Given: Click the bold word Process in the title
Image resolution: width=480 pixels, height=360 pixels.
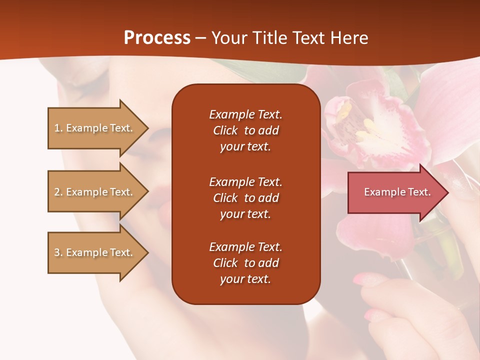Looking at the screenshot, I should click(x=157, y=38).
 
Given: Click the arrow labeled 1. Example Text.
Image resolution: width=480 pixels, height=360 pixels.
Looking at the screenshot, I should click(x=95, y=128).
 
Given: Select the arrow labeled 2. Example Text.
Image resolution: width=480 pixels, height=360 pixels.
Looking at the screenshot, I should click(x=95, y=192).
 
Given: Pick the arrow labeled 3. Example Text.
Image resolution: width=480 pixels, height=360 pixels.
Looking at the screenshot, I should click(x=95, y=252).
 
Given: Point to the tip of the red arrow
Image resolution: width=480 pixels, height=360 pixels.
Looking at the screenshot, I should click(x=447, y=192).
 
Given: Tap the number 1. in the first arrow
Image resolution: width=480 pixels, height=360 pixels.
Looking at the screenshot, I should click(x=58, y=128).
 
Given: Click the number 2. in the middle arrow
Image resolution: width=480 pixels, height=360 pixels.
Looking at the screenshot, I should click(x=58, y=192).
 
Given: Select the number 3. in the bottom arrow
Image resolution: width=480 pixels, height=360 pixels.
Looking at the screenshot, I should click(x=58, y=252).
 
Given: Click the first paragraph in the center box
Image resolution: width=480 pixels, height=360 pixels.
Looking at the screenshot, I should click(x=245, y=130).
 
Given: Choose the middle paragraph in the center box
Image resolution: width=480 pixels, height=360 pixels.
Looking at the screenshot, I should click(x=245, y=198).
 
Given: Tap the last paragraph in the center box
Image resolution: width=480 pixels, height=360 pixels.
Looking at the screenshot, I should click(x=245, y=263).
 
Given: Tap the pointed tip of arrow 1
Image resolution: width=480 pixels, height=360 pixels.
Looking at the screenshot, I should click(x=147, y=128).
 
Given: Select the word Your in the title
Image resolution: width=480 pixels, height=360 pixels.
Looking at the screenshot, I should click(x=228, y=38).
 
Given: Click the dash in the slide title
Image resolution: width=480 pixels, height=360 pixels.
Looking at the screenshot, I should click(x=200, y=38).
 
